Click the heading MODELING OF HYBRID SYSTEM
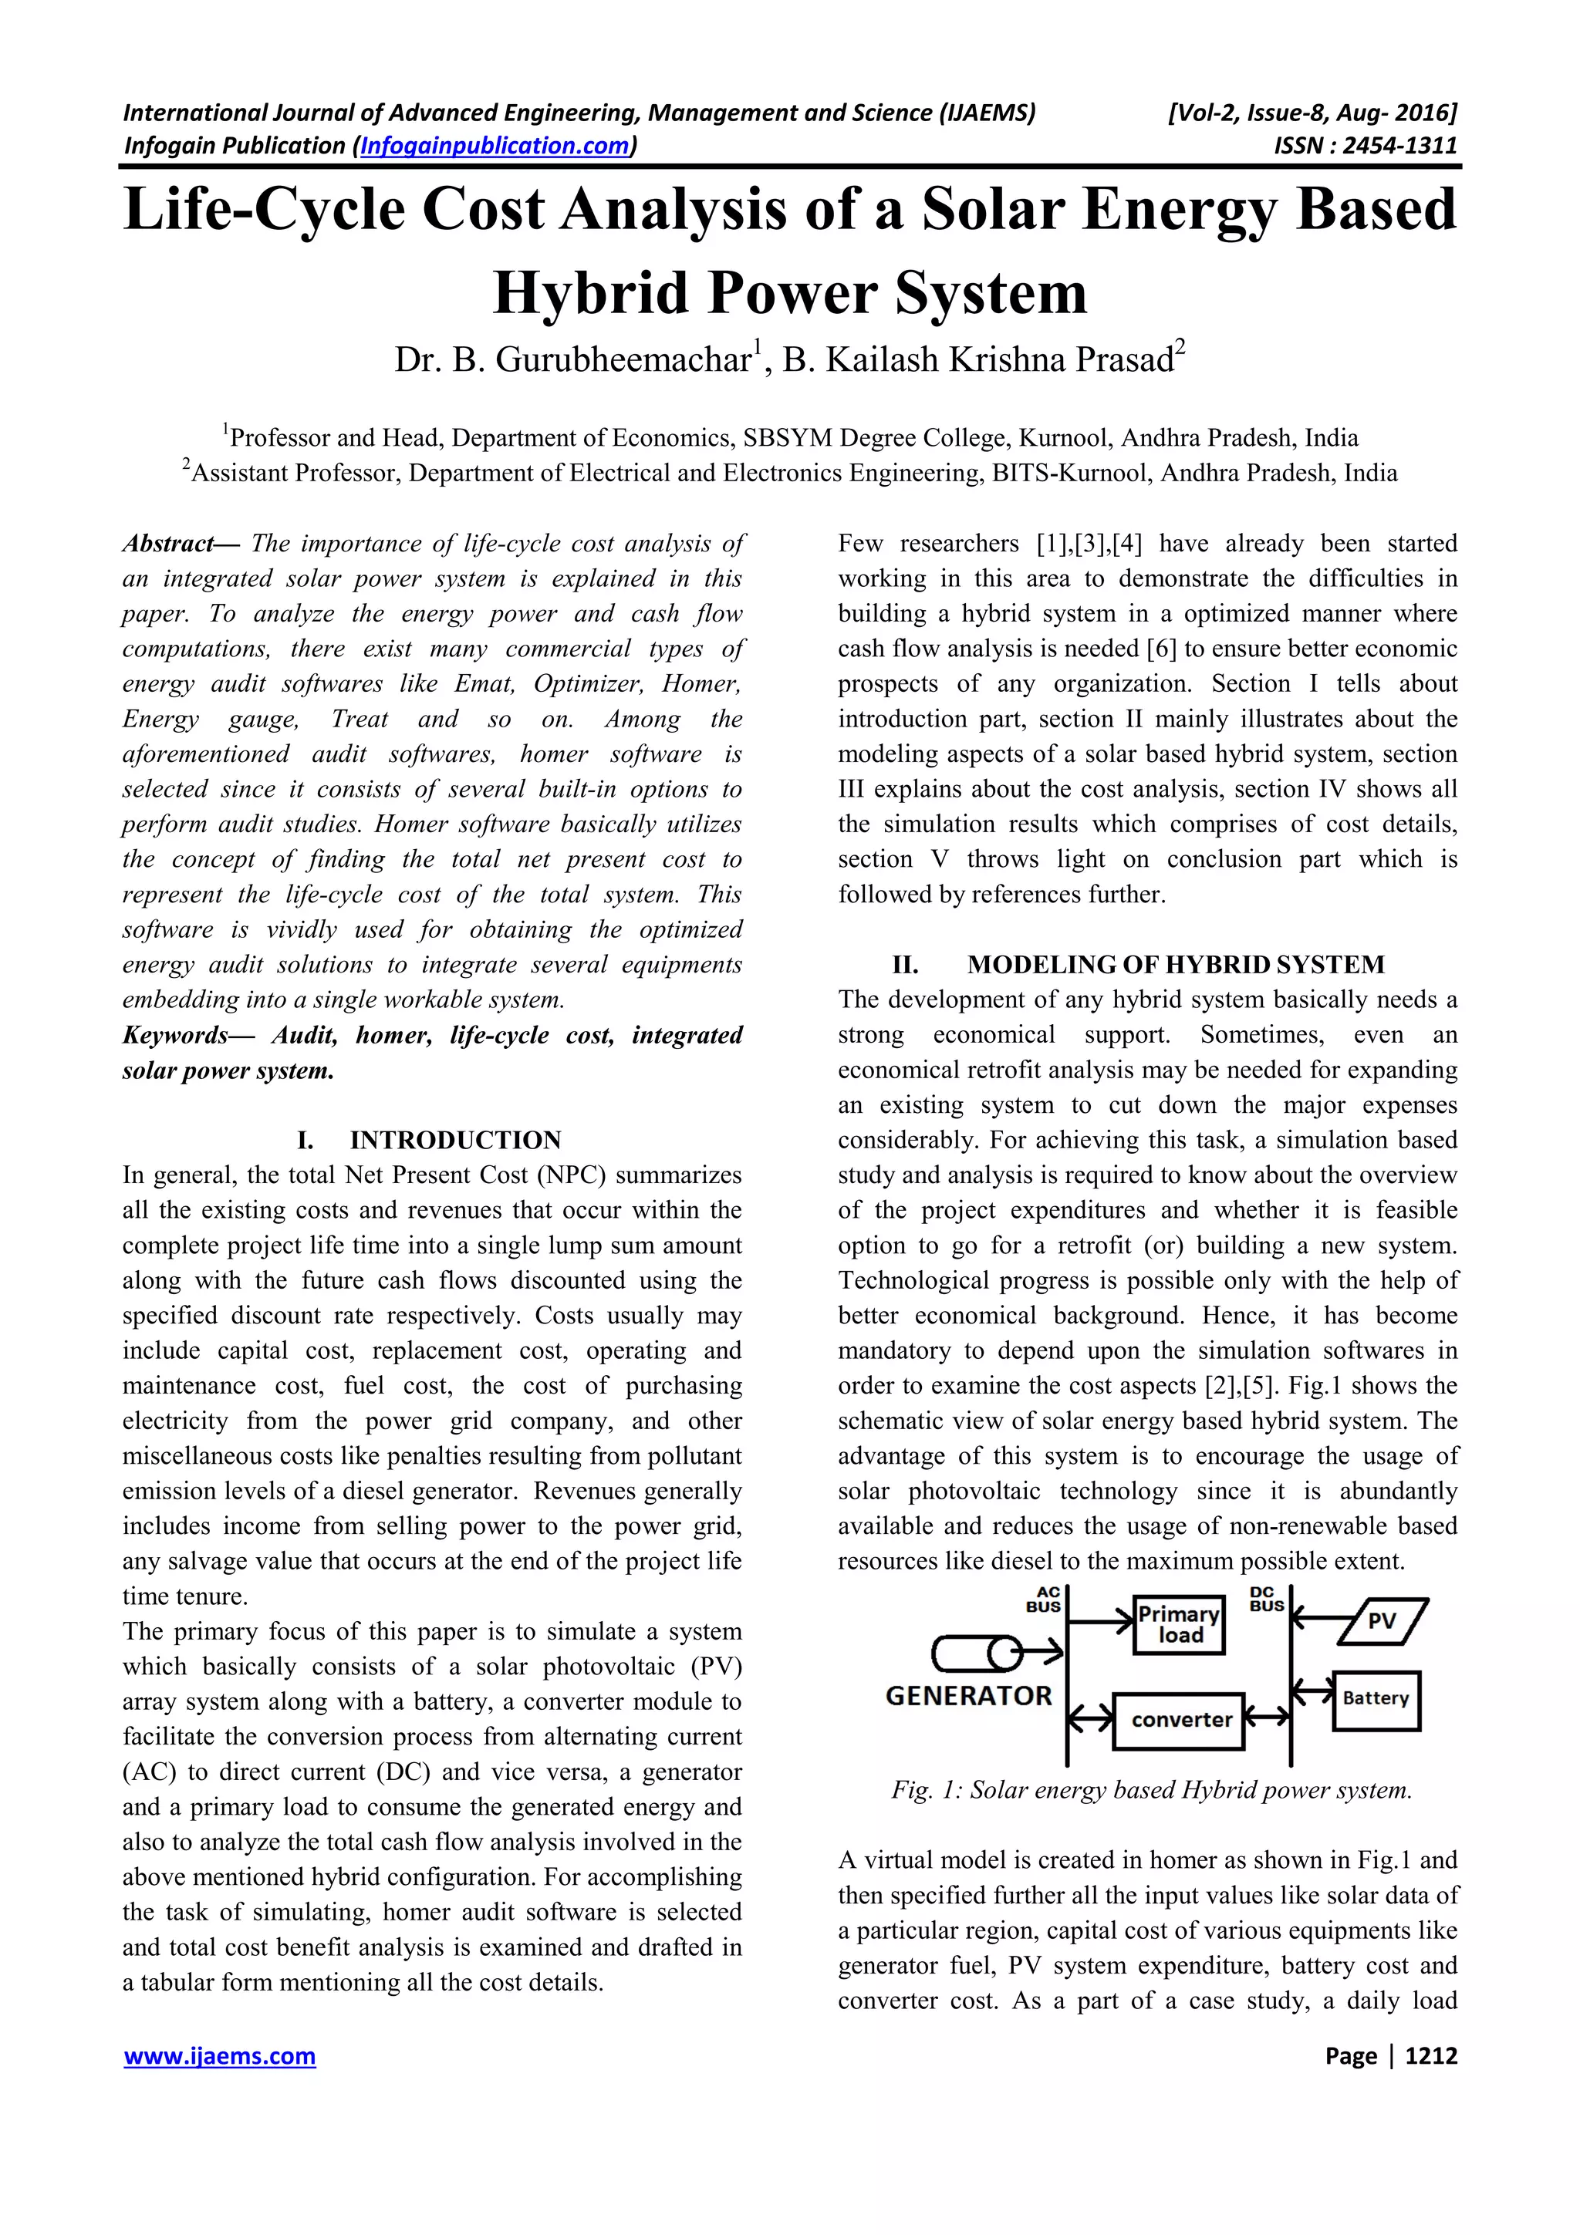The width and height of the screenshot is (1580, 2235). point(1175,965)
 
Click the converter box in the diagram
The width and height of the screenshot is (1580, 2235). point(1180,1720)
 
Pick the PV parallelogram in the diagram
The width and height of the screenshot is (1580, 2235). point(1382,1622)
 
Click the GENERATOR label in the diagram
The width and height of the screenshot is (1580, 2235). point(969,1696)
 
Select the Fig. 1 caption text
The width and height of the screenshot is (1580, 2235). point(1151,1790)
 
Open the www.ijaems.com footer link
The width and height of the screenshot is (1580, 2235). point(219,2056)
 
